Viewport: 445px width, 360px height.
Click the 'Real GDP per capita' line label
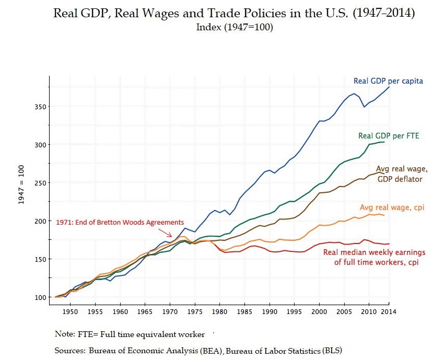point(388,81)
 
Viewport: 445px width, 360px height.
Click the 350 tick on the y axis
point(37,107)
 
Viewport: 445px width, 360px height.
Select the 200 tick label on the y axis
point(37,221)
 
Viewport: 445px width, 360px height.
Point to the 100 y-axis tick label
point(37,297)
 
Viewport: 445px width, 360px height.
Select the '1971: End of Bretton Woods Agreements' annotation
point(120,222)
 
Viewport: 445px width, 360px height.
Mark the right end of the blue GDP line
point(389,87)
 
